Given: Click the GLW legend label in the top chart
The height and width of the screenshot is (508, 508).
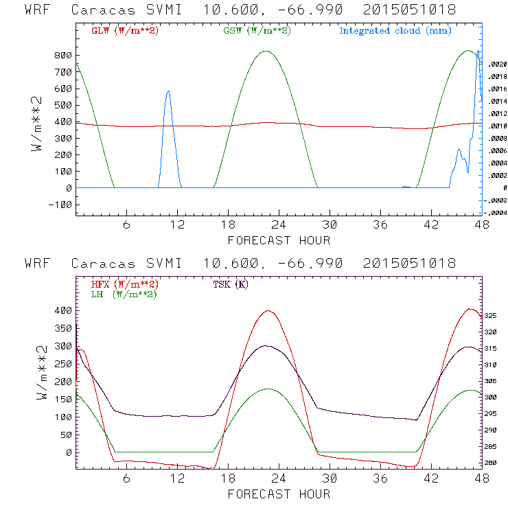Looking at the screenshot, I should pos(124,31).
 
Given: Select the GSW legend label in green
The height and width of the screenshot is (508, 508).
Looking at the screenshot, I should pos(257,31).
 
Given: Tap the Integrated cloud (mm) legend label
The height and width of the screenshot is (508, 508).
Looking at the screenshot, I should pos(395,31).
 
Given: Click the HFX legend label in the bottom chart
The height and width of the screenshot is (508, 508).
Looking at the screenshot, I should pos(124,284).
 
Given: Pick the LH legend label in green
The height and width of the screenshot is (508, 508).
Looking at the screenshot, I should pos(123,294).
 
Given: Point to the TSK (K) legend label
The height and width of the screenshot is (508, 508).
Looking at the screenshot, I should pos(231,284).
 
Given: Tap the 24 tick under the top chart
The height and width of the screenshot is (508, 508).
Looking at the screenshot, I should pos(278,225).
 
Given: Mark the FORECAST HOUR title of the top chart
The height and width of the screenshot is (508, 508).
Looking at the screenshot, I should pos(279,240).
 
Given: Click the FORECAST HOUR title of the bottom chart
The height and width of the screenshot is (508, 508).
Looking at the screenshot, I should pos(279,494).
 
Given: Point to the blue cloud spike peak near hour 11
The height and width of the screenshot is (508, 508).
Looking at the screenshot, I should pos(168,91).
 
